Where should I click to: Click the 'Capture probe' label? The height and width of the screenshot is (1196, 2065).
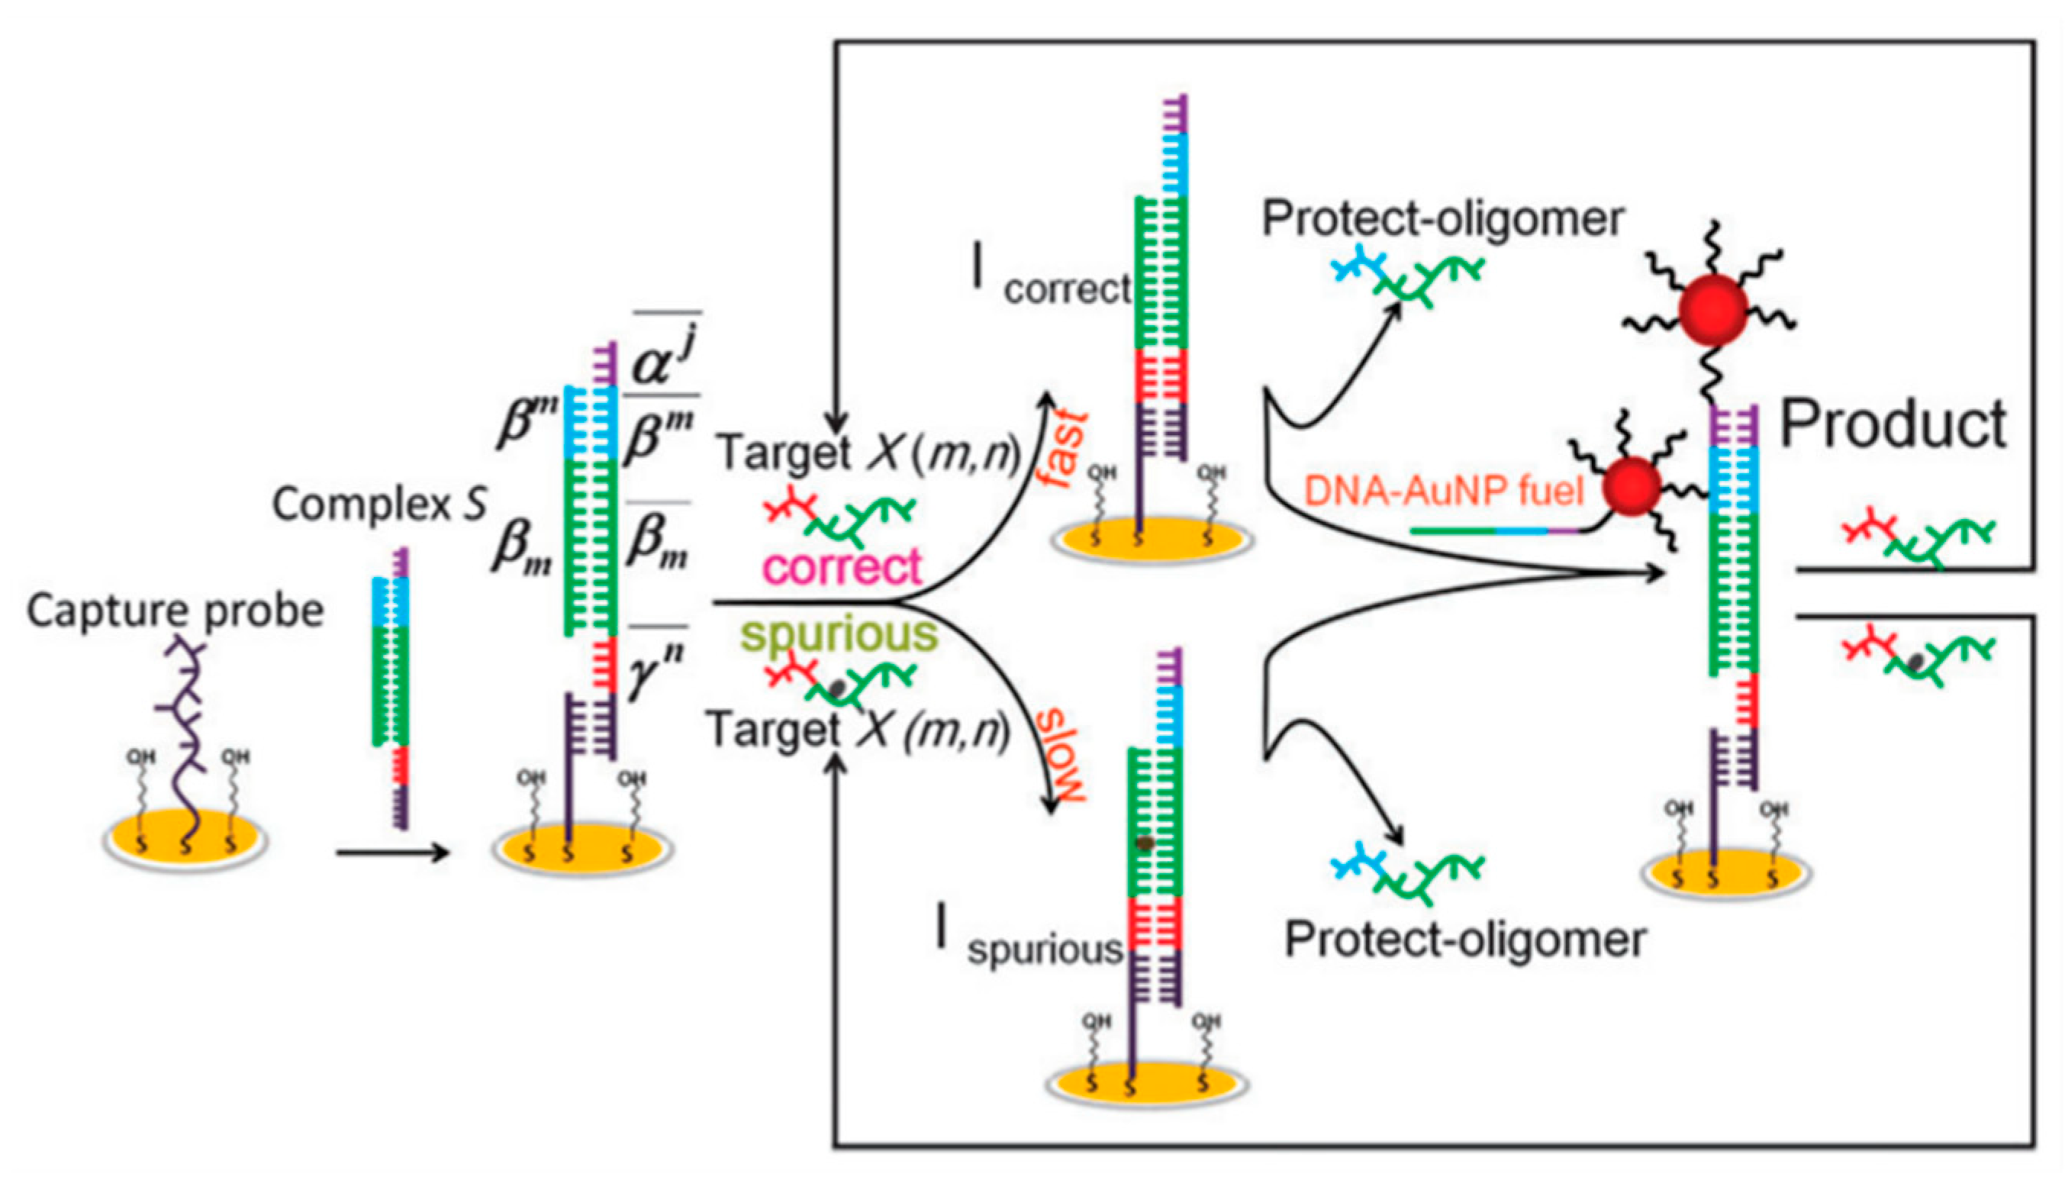coord(175,611)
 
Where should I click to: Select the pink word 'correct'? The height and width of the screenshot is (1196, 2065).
coord(842,566)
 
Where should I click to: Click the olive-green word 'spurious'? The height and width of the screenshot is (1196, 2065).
coord(839,633)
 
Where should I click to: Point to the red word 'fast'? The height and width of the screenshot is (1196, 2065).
coord(1066,447)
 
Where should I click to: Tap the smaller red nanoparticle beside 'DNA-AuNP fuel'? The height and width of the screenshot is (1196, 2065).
coord(1632,487)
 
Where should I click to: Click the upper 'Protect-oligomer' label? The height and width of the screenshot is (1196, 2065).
coord(1442,219)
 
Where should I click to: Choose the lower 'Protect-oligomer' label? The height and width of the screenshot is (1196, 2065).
coord(1464,940)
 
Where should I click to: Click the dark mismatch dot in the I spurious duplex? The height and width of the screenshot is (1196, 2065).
coord(1145,843)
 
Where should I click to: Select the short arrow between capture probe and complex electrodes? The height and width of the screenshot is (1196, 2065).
coord(391,853)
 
